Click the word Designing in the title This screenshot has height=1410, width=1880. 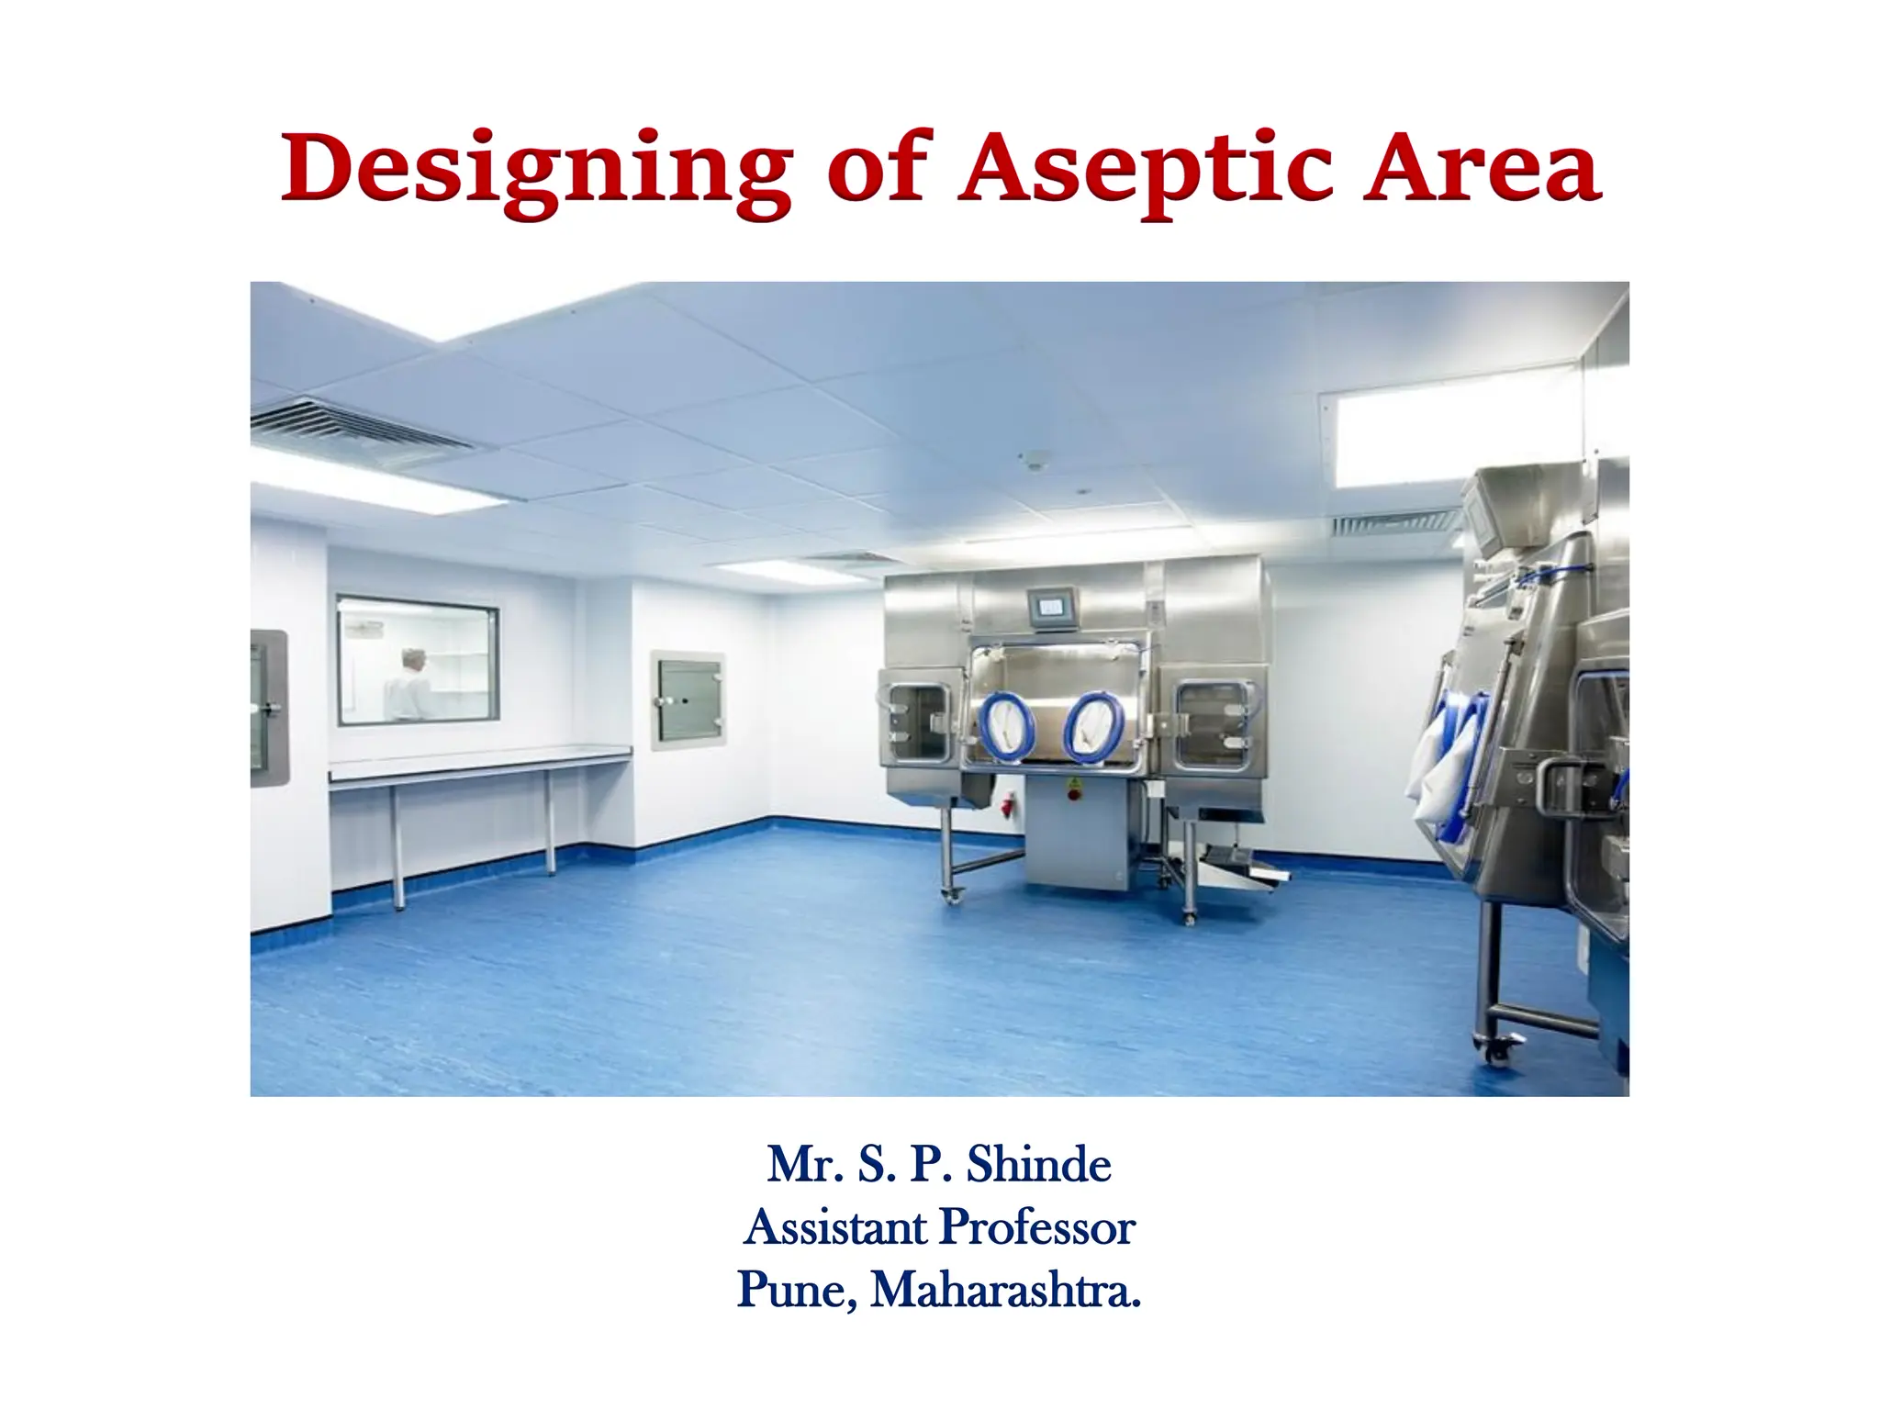point(535,171)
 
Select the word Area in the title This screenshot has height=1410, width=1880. point(1482,169)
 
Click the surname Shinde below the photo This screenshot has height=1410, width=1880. point(1038,1165)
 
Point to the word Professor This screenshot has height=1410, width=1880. point(1037,1227)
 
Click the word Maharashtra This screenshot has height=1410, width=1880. point(1006,1290)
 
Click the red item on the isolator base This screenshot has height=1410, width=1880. point(1008,807)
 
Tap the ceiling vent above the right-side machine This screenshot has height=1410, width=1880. point(1394,524)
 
